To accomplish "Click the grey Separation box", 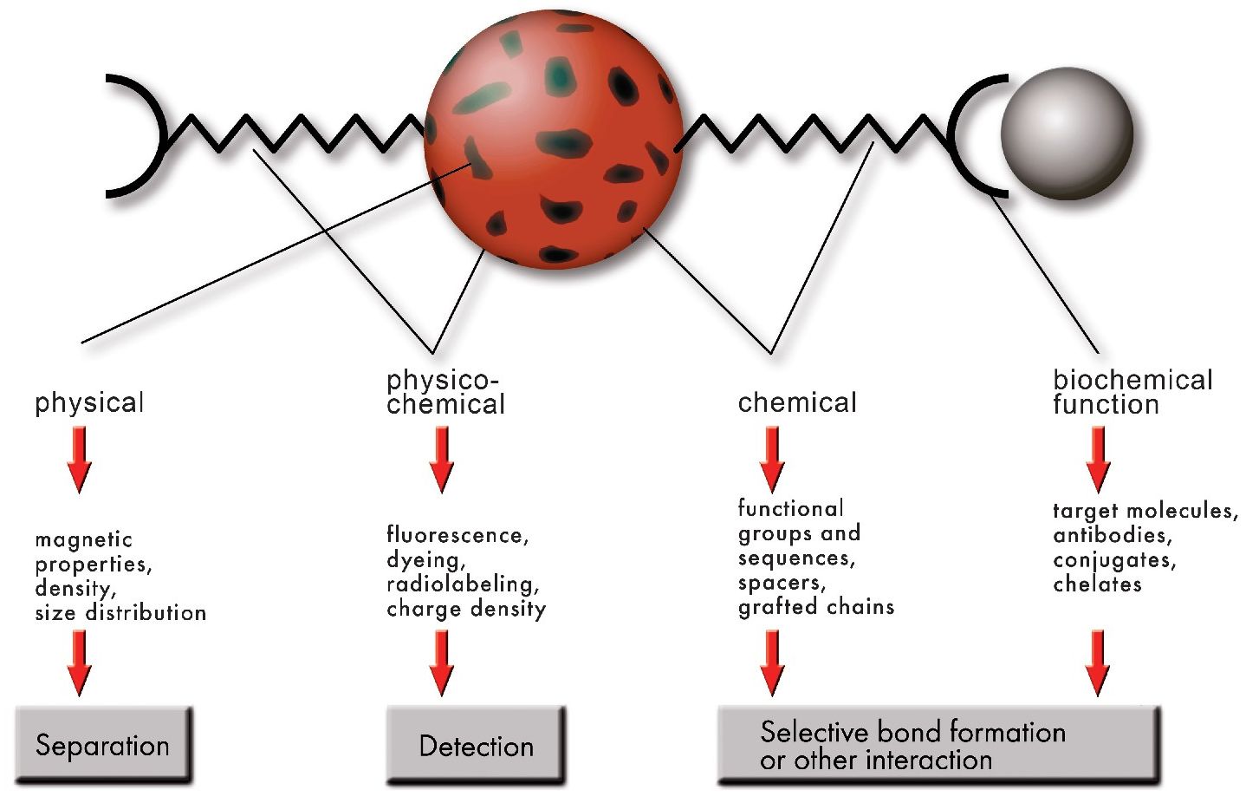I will [x=103, y=745].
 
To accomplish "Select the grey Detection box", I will [x=475, y=746].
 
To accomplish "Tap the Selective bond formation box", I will [x=938, y=745].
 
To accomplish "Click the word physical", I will [x=89, y=402].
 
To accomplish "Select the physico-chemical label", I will [x=445, y=392].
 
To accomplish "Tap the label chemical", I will [x=797, y=402].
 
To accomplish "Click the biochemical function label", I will [x=1132, y=392].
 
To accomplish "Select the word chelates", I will [x=1097, y=584].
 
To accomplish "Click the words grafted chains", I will [x=816, y=606].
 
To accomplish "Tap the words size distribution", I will [x=120, y=613].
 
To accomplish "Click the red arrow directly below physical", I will [x=79, y=460].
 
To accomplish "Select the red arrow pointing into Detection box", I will [x=442, y=663].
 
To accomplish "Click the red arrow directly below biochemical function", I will [x=1098, y=460].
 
